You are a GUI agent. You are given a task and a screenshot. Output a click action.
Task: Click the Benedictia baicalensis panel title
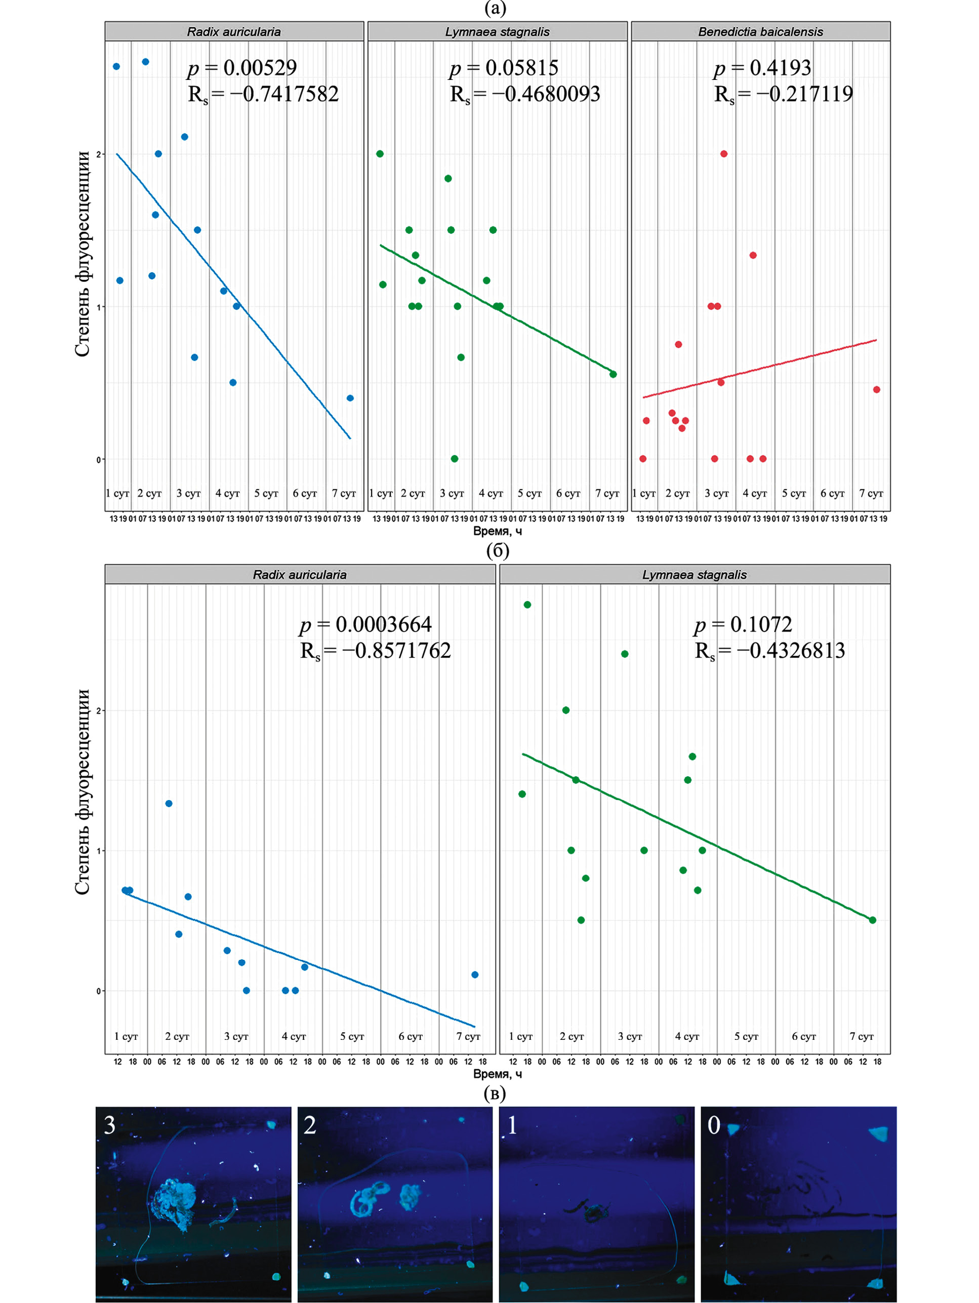[760, 32]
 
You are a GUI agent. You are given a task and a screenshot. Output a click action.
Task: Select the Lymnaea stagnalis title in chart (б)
[695, 574]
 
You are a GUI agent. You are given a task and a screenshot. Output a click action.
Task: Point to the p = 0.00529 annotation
[242, 68]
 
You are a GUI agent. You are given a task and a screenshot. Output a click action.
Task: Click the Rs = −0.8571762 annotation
[376, 651]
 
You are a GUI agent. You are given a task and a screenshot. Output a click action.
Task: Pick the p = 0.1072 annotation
[743, 624]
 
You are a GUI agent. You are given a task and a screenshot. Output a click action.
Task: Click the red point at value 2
[724, 154]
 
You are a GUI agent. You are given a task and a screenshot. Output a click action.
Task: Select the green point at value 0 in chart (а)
[455, 459]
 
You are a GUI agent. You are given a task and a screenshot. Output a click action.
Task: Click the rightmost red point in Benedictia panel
[876, 389]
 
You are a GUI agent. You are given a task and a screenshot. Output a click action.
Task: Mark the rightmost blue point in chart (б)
[475, 975]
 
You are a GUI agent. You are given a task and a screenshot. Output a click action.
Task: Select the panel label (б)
[497, 550]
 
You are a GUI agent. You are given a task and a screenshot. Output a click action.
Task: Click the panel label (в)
[495, 1094]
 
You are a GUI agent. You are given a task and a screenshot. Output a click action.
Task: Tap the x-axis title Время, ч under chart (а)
[497, 531]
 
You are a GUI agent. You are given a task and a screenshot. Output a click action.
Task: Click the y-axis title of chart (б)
[83, 792]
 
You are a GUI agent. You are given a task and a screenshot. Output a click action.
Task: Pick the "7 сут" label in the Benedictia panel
[871, 493]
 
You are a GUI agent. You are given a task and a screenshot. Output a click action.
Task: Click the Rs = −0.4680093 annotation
[524, 94]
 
